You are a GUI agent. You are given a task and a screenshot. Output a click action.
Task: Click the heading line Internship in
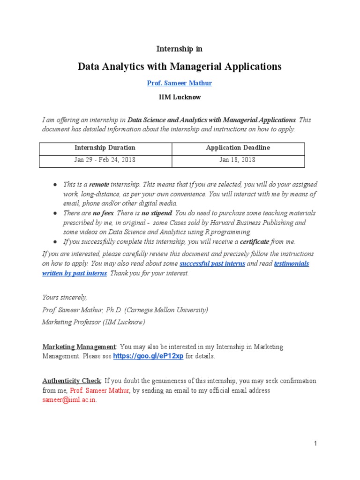point(180,49)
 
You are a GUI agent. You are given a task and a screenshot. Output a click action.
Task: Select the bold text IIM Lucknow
point(180,97)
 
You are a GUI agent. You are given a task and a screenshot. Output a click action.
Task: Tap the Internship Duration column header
point(105,148)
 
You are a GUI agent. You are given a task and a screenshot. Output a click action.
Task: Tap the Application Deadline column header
point(238,148)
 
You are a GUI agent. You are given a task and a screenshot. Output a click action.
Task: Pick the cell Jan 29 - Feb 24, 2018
point(105,160)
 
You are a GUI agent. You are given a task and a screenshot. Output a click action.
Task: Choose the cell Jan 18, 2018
point(238,160)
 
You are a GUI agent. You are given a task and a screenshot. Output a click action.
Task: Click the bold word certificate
point(255,241)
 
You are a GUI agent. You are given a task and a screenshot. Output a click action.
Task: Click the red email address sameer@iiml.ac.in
point(69,400)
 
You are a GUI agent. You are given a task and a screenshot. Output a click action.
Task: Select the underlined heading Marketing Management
point(79,347)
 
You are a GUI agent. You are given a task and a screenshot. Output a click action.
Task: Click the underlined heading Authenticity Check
point(71,381)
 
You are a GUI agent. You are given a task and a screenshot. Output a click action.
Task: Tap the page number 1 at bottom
point(316,443)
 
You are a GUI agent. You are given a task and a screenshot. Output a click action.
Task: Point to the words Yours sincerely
point(64,297)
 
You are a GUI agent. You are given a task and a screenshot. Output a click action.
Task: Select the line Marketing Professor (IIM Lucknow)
point(93,322)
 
